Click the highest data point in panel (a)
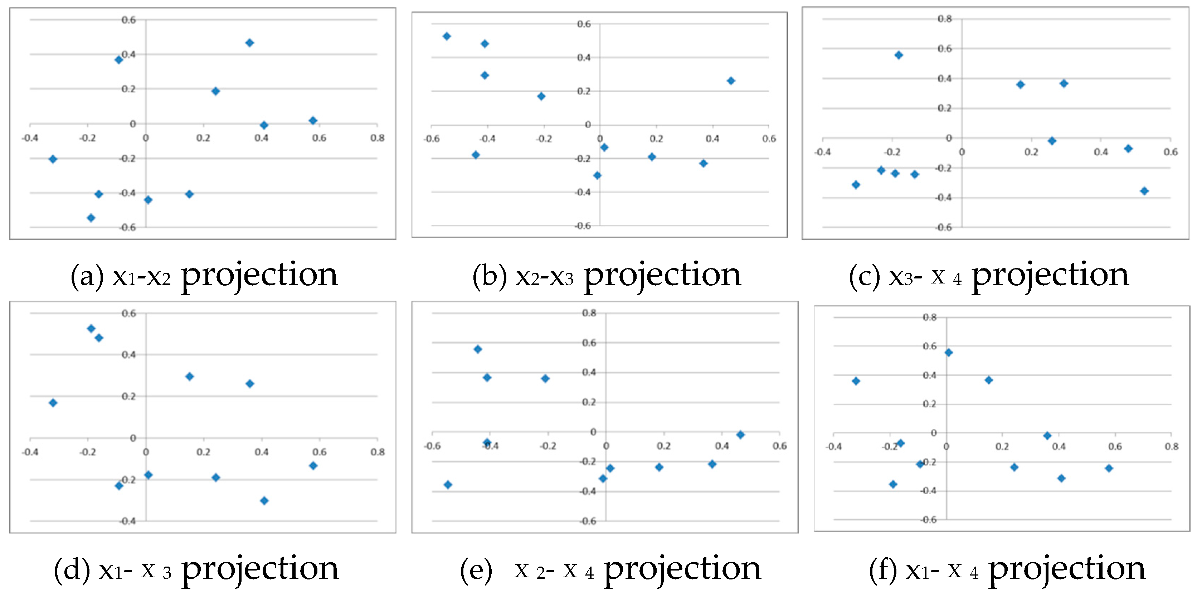249,43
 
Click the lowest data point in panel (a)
91,218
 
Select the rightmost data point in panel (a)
313,121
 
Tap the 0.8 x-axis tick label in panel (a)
377,138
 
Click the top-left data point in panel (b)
447,36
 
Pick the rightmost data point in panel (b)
731,81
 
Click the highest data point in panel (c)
899,55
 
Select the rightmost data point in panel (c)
1144,191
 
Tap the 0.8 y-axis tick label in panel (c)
945,19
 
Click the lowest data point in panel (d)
264,500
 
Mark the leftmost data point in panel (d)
53,403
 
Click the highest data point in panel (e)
478,349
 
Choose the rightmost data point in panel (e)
741,435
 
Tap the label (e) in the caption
476,569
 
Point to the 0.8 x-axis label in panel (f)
1171,446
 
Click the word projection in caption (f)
1067,569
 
